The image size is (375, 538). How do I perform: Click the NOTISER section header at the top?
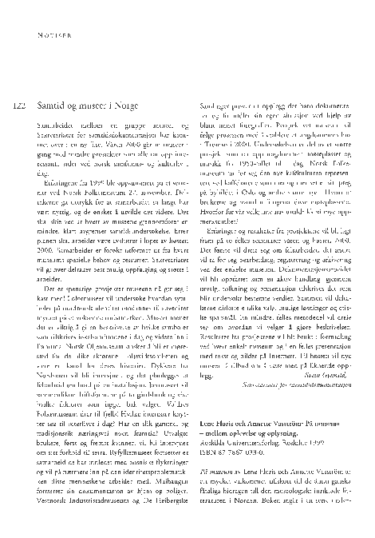coord(53,34)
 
